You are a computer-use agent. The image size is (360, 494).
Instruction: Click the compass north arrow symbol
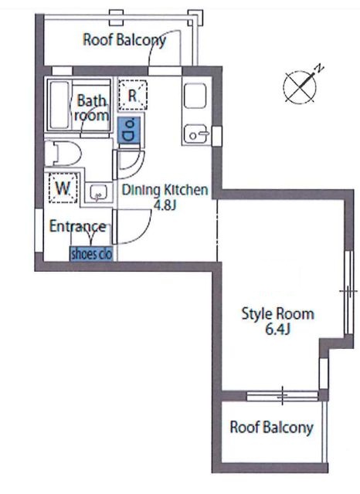(301, 86)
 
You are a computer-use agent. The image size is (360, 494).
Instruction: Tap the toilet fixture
(63, 154)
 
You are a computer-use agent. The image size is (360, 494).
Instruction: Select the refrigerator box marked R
(133, 95)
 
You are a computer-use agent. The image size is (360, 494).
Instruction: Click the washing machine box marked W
(63, 188)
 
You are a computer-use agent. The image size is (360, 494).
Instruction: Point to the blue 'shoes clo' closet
(91, 254)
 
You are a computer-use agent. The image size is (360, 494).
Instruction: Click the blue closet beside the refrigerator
(130, 130)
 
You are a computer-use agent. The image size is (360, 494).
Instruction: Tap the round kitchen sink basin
(195, 134)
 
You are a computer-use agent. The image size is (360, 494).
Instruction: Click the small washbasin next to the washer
(97, 192)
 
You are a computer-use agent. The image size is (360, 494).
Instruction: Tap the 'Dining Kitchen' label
(165, 190)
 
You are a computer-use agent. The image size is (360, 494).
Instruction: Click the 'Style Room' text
(277, 314)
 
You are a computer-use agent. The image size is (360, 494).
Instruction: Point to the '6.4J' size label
(277, 330)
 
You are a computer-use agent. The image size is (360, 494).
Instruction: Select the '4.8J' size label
(165, 205)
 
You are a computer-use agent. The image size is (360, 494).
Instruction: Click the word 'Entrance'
(78, 226)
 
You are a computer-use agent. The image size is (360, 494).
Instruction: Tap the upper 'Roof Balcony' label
(124, 40)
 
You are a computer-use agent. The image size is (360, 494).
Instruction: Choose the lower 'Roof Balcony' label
(272, 428)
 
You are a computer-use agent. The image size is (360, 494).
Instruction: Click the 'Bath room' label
(91, 108)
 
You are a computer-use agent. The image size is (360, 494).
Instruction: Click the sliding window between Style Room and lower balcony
(282, 395)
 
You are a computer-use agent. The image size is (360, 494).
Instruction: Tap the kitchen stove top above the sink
(195, 96)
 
